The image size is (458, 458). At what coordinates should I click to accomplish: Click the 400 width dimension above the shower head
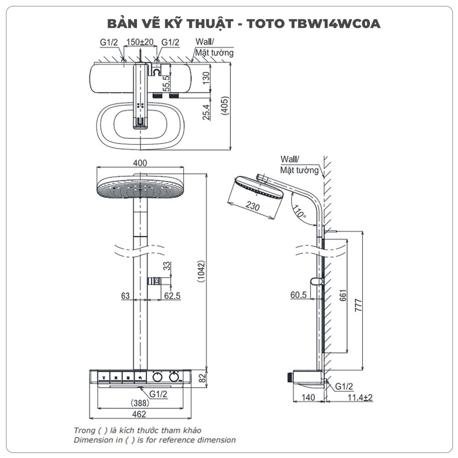(x=140, y=163)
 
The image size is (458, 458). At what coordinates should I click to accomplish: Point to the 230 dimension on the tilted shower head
(x=252, y=207)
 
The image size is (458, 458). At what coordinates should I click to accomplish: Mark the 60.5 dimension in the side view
(x=299, y=295)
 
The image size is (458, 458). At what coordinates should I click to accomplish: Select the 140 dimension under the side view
(x=309, y=398)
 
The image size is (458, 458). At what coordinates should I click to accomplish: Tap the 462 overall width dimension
(x=139, y=414)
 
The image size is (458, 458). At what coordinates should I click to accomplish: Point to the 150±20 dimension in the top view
(x=140, y=43)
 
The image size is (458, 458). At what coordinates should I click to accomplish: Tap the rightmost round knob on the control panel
(x=174, y=377)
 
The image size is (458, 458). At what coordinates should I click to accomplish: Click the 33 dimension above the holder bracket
(x=166, y=265)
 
